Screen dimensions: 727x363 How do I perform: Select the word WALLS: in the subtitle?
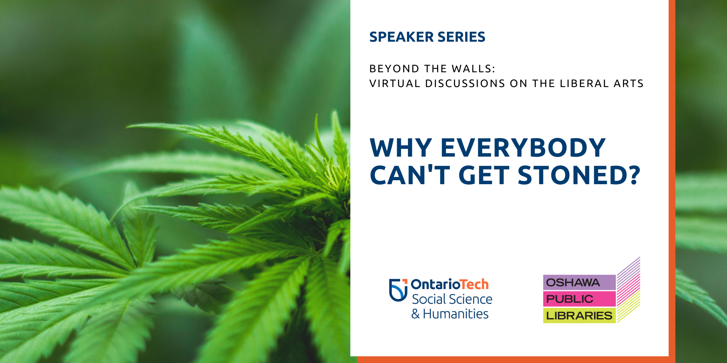coord(474,69)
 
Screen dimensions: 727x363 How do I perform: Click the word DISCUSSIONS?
coord(465,83)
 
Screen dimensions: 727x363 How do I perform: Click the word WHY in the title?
coord(401,148)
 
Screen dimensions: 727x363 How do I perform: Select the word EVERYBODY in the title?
coord(523,148)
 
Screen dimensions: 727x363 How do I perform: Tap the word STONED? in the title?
coord(579,175)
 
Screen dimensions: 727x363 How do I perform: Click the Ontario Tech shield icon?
coord(398,290)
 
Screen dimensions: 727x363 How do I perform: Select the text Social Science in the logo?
coord(452,299)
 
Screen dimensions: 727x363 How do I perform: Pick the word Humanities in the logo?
coord(456,314)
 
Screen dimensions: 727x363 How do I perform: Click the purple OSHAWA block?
coord(579,282)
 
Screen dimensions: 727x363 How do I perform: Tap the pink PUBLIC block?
coord(579,299)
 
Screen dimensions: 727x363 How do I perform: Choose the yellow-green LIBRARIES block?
coord(579,316)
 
